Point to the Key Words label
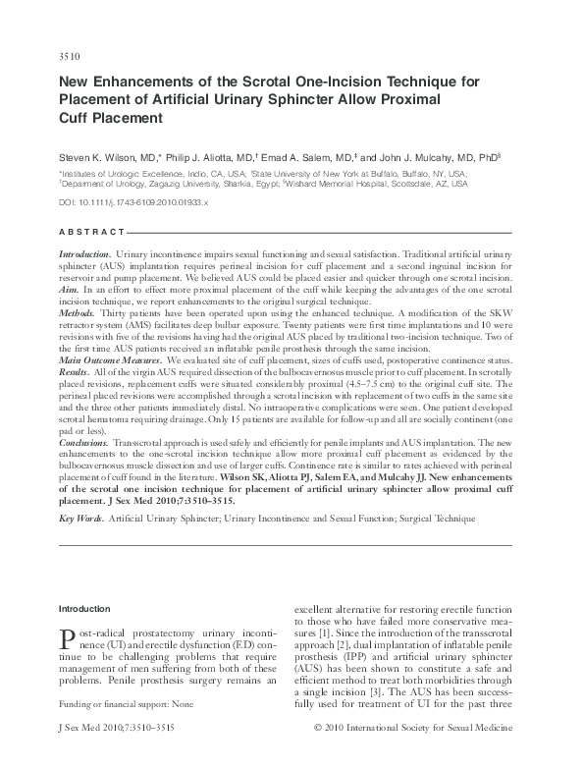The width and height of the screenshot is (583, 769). point(81,516)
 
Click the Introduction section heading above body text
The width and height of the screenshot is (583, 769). point(85,609)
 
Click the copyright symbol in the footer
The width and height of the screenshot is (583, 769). point(317,755)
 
